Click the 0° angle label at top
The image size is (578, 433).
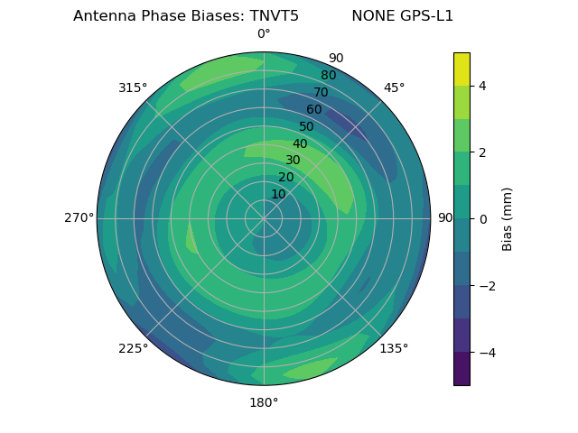click(x=264, y=34)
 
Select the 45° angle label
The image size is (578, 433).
click(x=394, y=88)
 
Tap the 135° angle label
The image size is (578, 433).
click(x=394, y=348)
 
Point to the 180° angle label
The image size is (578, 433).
click(x=264, y=402)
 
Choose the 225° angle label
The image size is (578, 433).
click(x=133, y=348)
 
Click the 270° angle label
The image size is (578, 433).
click(x=79, y=218)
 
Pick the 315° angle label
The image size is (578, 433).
click(x=133, y=88)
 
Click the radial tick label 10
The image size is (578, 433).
click(x=278, y=194)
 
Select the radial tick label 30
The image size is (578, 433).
click(x=293, y=160)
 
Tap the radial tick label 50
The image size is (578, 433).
click(x=307, y=126)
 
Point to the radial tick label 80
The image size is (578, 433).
click(x=328, y=76)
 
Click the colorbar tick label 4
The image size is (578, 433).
click(x=483, y=86)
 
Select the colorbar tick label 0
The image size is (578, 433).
click(x=483, y=219)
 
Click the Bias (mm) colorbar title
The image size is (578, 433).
click(x=508, y=219)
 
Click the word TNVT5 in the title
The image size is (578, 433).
click(x=267, y=16)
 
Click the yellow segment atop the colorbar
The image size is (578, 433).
click(x=461, y=69)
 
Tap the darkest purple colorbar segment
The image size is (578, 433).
click(x=461, y=369)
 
